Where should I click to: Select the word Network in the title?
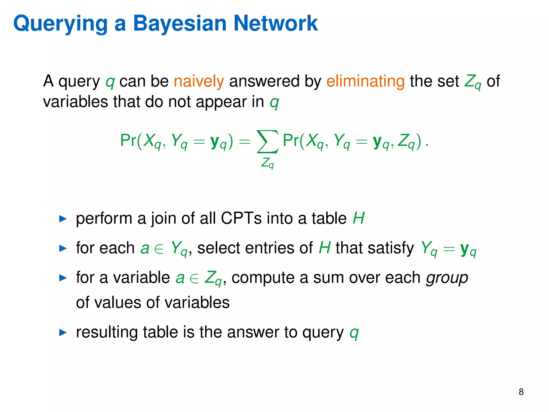(x=276, y=24)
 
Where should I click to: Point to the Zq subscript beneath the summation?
(x=268, y=163)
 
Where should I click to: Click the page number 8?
(x=521, y=392)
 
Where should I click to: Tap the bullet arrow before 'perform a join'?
(x=63, y=219)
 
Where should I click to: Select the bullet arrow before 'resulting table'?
(x=63, y=333)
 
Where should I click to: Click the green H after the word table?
(x=358, y=218)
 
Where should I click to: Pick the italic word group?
(x=447, y=278)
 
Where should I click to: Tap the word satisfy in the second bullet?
(x=374, y=248)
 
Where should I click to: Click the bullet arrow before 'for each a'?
(x=63, y=248)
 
